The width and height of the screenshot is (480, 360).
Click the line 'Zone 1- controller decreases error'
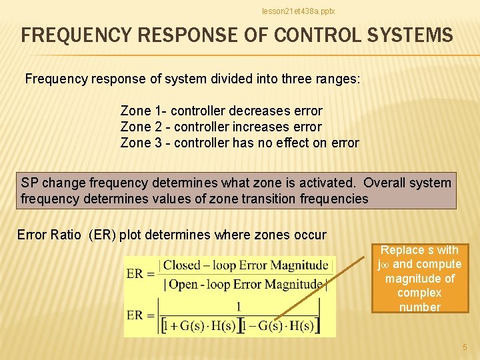coord(221,111)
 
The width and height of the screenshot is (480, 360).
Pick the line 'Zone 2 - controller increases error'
coord(221,127)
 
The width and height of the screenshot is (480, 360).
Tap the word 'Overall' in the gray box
coord(388,183)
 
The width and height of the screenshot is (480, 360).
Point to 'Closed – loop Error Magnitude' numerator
coord(245,265)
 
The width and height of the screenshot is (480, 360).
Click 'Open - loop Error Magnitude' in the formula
coord(245,285)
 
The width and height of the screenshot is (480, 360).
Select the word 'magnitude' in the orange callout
coord(419,279)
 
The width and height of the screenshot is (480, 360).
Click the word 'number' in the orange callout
coord(419,307)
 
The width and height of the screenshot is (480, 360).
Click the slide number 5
coord(465,347)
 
